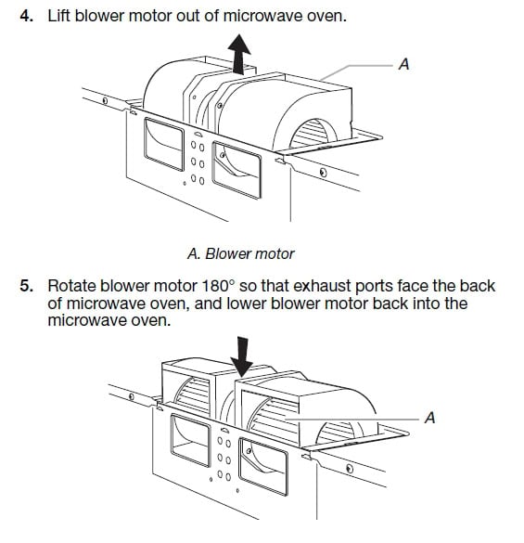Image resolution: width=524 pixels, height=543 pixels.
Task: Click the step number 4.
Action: pos(26,16)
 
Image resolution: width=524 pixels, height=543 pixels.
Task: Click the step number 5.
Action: pos(26,285)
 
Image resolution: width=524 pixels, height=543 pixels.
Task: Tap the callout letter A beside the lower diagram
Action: pos(428,417)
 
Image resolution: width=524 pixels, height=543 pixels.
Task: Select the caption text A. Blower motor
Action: pos(240,252)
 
